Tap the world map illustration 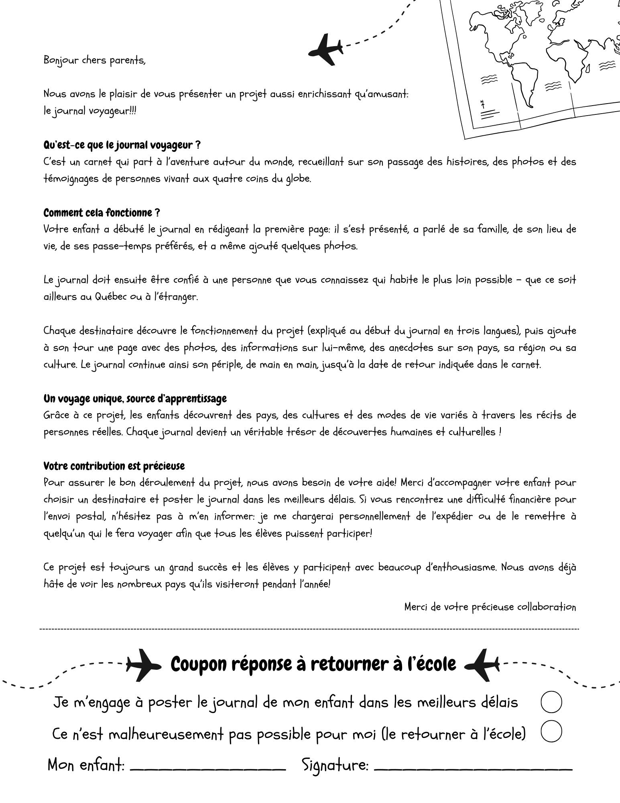[x=538, y=64]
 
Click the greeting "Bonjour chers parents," [x=94, y=61]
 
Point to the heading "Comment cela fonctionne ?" [x=102, y=212]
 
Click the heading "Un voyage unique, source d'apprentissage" [x=135, y=399]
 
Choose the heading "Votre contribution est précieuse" [x=114, y=466]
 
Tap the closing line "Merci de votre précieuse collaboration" [x=490, y=607]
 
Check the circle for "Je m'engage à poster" [x=551, y=702]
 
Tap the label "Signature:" [x=335, y=765]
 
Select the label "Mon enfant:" [x=86, y=764]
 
